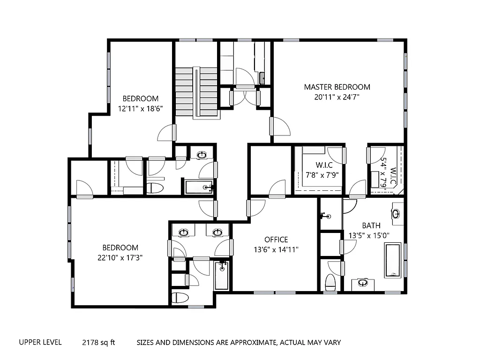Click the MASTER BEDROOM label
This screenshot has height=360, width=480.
337,87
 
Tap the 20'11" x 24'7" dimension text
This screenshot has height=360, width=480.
337,97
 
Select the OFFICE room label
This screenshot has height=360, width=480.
276,240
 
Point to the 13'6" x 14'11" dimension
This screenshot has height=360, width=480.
276,249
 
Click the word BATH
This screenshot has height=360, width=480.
371,225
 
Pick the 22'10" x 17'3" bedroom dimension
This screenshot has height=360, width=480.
120,257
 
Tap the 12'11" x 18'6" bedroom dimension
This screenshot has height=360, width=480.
140,108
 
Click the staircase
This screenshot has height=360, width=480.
196,92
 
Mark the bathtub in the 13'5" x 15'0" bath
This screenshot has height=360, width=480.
393,260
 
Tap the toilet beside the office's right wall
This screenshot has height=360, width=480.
331,282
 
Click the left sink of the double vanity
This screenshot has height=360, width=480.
184,232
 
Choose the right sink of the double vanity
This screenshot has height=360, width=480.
217,232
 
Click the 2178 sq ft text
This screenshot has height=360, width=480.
98,342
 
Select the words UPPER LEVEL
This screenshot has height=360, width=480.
40,342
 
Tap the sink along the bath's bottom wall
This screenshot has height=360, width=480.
362,283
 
